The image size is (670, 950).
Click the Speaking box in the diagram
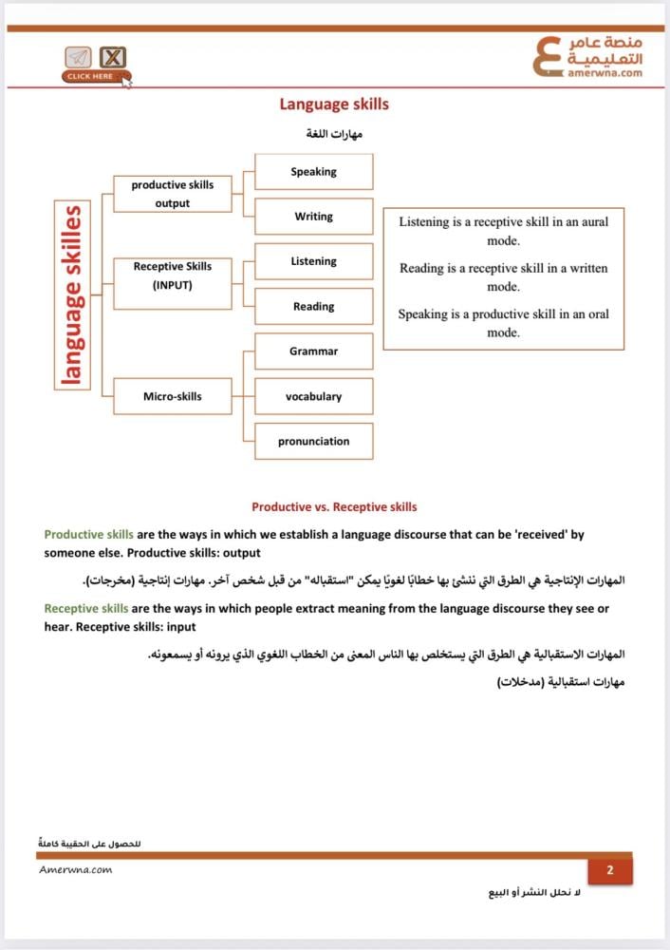pyautogui.click(x=313, y=172)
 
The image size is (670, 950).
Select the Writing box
pyautogui.click(x=313, y=217)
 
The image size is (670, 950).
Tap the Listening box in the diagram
pyautogui.click(x=313, y=261)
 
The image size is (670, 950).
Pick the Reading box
pyautogui.click(x=313, y=307)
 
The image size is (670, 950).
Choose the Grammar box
pyautogui.click(x=313, y=351)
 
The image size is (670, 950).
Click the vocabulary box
pyautogui.click(x=313, y=396)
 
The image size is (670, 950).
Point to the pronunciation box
pyautogui.click(x=313, y=441)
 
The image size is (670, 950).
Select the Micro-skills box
pyautogui.click(x=172, y=396)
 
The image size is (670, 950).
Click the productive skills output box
pyautogui.click(x=172, y=194)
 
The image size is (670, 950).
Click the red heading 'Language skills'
pyautogui.click(x=333, y=104)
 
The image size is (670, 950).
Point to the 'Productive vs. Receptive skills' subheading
pyautogui.click(x=334, y=507)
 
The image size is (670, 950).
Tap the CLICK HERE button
pyautogui.click(x=91, y=76)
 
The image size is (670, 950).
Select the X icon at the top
pyautogui.click(x=113, y=57)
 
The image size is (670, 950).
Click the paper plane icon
pyautogui.click(x=78, y=57)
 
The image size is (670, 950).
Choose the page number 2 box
pyautogui.click(x=610, y=870)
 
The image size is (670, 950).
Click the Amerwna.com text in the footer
pyautogui.click(x=76, y=870)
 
